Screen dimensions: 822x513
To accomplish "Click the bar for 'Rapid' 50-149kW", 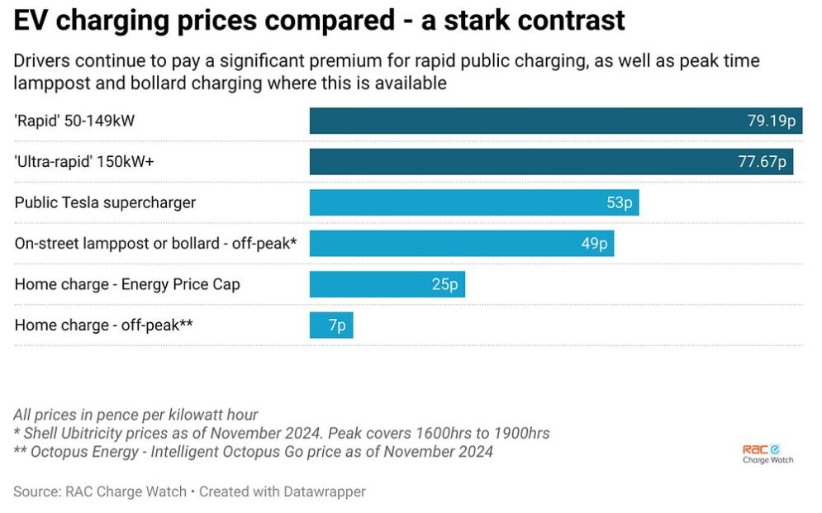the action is click(556, 121).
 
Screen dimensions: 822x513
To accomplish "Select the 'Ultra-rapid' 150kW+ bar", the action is click(552, 161).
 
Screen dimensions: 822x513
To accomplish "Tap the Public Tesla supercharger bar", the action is click(474, 202).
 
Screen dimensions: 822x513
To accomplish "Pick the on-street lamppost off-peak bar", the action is click(462, 243).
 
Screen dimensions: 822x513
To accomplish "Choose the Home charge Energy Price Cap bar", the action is click(387, 284).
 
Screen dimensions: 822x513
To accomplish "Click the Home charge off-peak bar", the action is click(331, 325).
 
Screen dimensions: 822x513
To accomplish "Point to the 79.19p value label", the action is click(772, 121).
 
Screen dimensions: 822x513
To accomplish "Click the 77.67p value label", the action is click(763, 161).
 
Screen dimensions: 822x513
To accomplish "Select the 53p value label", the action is click(620, 202).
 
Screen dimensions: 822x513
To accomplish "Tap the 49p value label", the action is click(595, 243).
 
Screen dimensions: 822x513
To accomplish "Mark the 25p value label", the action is click(445, 284).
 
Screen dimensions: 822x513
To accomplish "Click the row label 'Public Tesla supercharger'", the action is click(105, 202).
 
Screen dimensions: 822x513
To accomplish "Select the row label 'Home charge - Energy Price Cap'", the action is click(127, 284).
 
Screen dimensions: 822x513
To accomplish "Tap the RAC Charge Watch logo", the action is click(768, 454).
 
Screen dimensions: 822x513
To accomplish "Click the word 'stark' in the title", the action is click(477, 21).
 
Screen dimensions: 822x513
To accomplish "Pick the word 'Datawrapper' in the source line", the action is click(325, 492).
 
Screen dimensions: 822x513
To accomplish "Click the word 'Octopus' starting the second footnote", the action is click(57, 452).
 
